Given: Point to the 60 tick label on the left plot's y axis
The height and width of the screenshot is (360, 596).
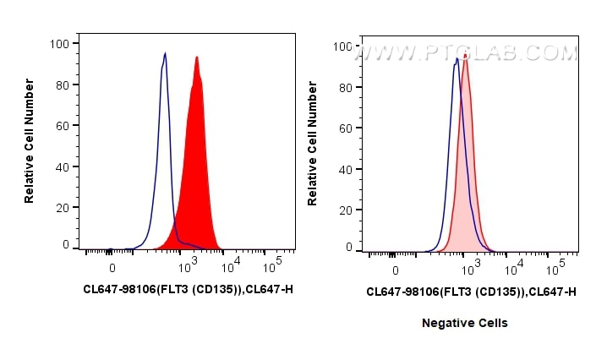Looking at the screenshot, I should (x=63, y=125).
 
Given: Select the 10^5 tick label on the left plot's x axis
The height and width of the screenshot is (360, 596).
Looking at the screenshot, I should (x=272, y=268).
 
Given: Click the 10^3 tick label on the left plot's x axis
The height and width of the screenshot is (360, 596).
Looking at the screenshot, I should (x=189, y=268).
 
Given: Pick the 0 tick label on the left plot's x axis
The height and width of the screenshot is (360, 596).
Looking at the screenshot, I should (x=112, y=268).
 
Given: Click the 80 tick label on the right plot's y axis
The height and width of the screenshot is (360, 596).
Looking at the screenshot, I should (x=346, y=87).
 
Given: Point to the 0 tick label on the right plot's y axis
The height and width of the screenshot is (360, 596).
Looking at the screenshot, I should (x=348, y=248).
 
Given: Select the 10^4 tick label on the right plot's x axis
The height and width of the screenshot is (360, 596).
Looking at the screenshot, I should (x=514, y=270).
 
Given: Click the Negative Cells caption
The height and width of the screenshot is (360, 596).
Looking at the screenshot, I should (x=465, y=323).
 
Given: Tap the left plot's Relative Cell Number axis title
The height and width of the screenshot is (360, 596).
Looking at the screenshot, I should (x=30, y=139).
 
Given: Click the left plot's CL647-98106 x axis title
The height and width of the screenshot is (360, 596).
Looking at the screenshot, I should (x=188, y=289).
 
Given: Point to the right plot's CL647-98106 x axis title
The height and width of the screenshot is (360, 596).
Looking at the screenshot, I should (x=471, y=292).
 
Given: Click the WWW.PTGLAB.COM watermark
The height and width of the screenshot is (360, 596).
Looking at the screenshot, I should (x=466, y=53).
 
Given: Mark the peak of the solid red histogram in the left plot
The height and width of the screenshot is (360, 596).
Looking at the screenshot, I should (x=197, y=57).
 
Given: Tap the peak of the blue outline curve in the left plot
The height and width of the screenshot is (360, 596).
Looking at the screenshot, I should (x=166, y=54).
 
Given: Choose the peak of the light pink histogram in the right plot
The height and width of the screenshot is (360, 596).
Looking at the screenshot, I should (x=465, y=55).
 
